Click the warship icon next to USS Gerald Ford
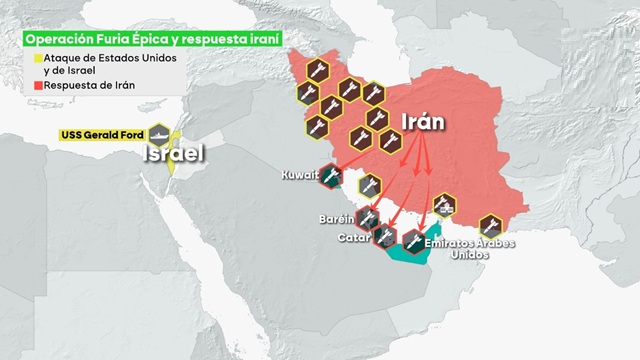tap(159, 134)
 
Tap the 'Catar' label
tap(354, 237)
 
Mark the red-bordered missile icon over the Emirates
tap(413, 239)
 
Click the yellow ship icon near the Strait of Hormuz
tap(443, 207)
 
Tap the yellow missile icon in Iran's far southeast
tap(490, 226)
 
